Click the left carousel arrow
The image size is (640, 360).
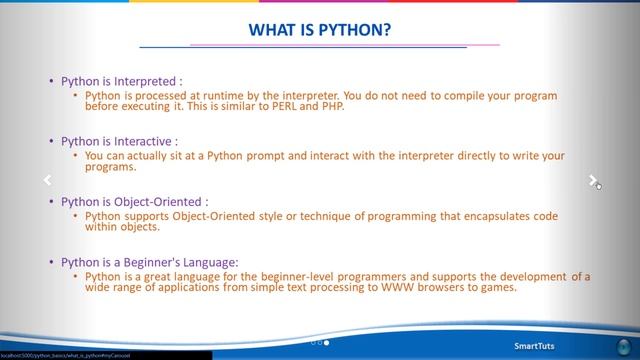click(46, 181)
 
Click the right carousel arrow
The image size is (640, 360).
click(593, 181)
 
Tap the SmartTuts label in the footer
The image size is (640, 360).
click(537, 347)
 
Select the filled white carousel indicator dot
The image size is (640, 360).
click(327, 342)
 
